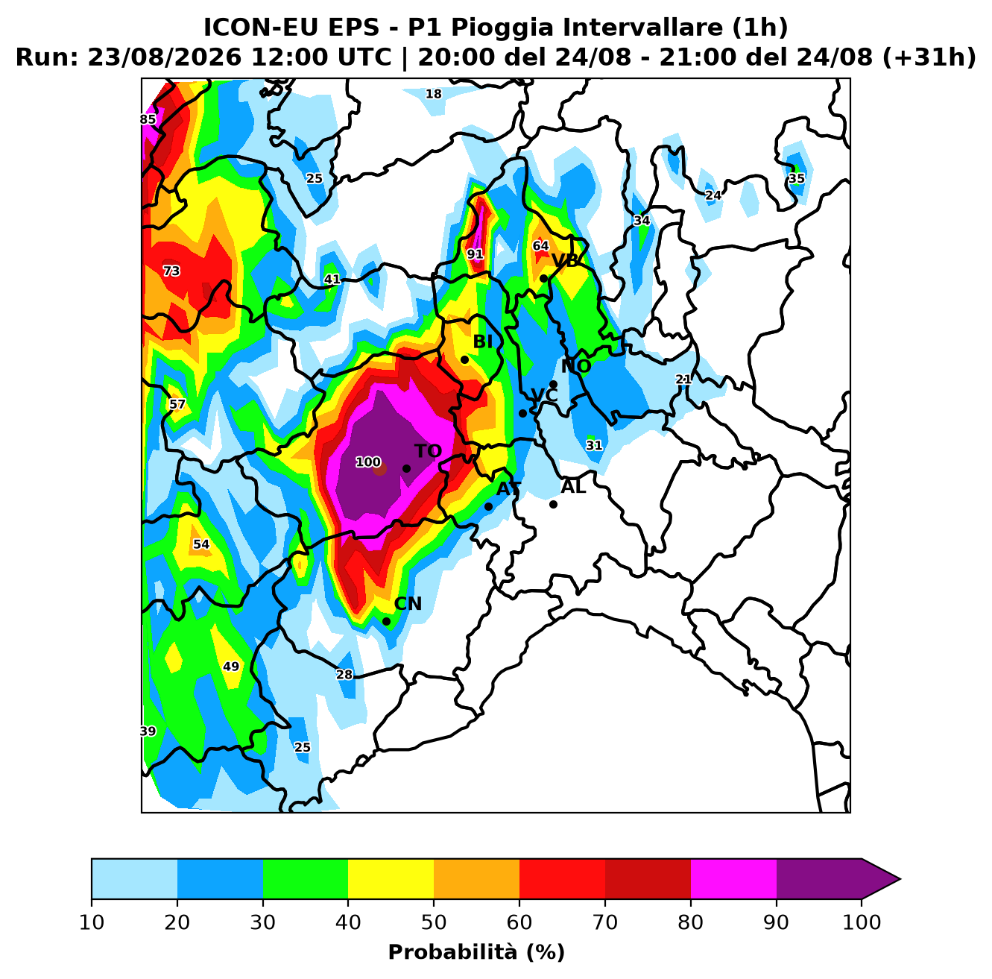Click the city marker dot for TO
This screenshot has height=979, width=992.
pos(406,468)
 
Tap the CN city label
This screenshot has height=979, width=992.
pos(408,603)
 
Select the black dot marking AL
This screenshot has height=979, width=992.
pos(553,505)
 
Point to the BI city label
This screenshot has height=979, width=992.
pos(483,341)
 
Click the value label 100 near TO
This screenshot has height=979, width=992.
pos(368,462)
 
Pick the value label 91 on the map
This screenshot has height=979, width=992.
pos(476,254)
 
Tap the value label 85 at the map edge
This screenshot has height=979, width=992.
pos(148,119)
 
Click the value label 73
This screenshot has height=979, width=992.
pos(171,271)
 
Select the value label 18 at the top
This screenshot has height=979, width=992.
pos(434,94)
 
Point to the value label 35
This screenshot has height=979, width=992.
pos(797,178)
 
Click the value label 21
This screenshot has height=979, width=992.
pos(683,380)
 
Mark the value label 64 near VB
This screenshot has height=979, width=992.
pos(540,246)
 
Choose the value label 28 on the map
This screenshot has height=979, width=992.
pos(344,674)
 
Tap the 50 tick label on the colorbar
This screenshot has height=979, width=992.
pos(434,922)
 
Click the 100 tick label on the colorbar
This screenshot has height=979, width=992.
pos(862,922)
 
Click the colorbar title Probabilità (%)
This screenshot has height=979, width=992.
pos(476,952)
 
